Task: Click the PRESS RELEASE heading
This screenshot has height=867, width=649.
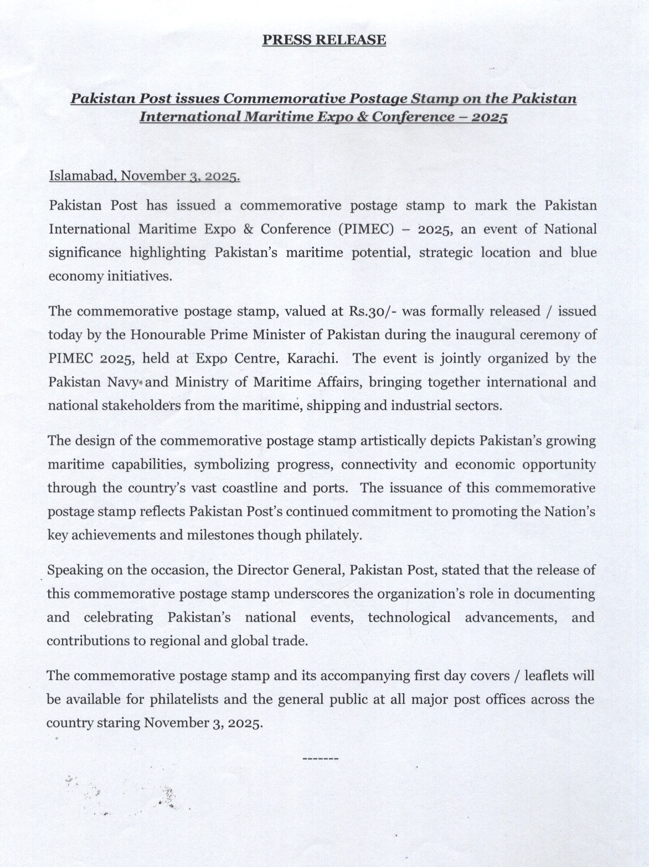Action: tap(324, 40)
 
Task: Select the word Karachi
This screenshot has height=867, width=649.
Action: tap(312, 358)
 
